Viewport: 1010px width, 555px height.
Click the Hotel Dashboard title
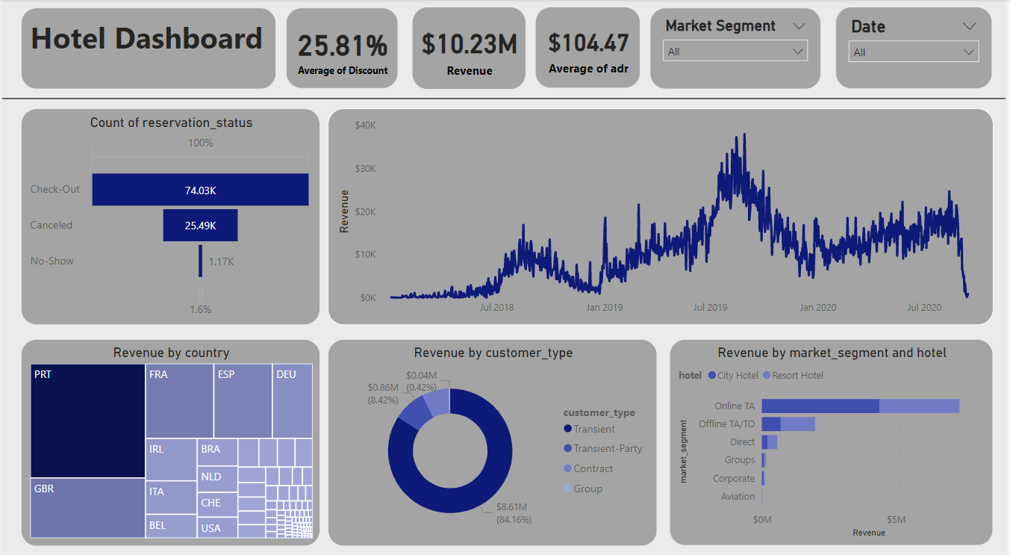point(147,39)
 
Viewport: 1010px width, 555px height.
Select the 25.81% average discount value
point(343,46)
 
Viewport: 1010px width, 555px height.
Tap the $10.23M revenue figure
point(469,44)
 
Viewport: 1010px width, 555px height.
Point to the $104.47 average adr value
point(588,43)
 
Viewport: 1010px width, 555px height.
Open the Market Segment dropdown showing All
point(735,52)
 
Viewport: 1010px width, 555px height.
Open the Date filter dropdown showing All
point(914,52)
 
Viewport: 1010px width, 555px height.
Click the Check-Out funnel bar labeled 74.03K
point(200,190)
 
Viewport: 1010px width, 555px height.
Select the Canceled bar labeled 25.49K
point(200,225)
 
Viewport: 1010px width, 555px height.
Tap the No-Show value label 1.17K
point(221,261)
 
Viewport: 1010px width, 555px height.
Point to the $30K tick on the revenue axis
point(364,169)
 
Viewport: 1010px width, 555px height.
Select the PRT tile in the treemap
point(88,421)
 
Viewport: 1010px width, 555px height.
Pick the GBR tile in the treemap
point(88,508)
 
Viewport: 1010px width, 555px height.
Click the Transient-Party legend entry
point(607,449)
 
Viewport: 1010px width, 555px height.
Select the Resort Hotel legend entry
point(797,376)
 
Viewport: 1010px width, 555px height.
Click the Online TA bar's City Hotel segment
point(820,406)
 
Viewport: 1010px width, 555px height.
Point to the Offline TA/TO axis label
point(726,424)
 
